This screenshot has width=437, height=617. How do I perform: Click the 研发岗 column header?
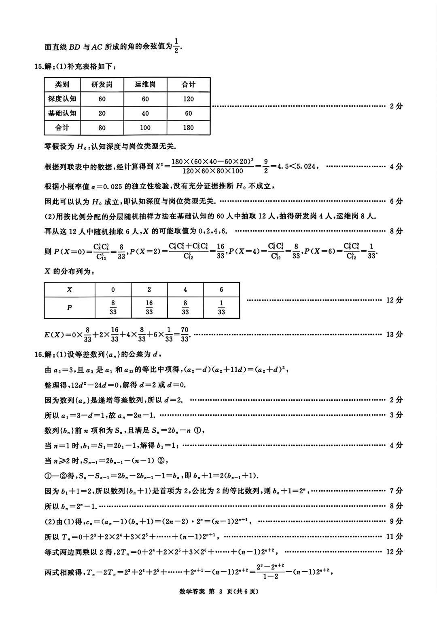tap(102, 84)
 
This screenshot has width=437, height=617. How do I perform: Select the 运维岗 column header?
tap(145, 84)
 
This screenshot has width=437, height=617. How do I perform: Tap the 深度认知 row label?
tap(62, 99)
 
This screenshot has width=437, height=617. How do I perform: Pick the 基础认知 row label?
tap(62, 114)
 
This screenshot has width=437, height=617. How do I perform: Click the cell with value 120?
tap(189, 99)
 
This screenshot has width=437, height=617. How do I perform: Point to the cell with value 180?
tap(189, 128)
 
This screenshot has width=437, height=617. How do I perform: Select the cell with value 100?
tap(145, 128)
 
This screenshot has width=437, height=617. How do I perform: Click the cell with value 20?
tap(102, 114)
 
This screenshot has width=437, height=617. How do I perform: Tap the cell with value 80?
tap(102, 128)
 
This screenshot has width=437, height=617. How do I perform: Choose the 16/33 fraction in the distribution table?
tap(149, 307)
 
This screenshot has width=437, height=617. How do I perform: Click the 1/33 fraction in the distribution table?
tap(221, 307)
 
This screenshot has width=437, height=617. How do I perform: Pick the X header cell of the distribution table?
tap(70, 290)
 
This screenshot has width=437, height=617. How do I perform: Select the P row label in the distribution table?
tap(70, 307)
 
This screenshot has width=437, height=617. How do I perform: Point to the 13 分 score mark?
tap(395, 335)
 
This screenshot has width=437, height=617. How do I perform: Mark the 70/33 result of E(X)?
tap(185, 335)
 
